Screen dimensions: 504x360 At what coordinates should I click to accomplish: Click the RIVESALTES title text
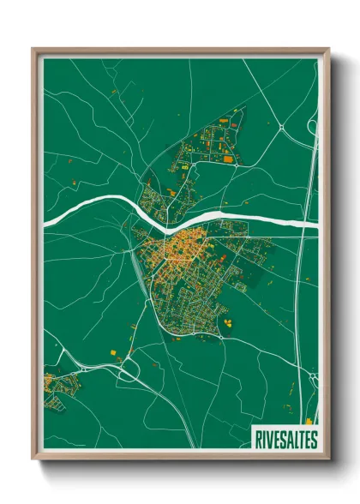click(x=285, y=439)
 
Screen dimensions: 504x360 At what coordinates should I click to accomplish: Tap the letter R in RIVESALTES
click(x=257, y=439)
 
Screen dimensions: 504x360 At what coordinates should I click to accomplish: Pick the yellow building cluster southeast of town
click(x=230, y=321)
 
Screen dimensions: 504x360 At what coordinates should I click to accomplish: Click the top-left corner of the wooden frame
click(x=33, y=50)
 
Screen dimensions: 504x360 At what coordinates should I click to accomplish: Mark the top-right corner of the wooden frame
click(x=328, y=50)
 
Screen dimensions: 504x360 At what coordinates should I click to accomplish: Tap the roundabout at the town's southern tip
click(x=220, y=338)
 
